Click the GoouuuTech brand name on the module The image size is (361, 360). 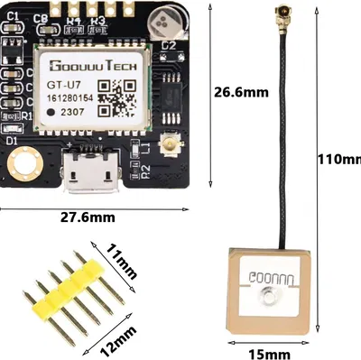[x=88, y=65]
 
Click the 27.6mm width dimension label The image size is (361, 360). [x=88, y=217]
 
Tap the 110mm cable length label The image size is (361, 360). [x=339, y=160]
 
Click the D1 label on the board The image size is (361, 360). [x=13, y=142]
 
